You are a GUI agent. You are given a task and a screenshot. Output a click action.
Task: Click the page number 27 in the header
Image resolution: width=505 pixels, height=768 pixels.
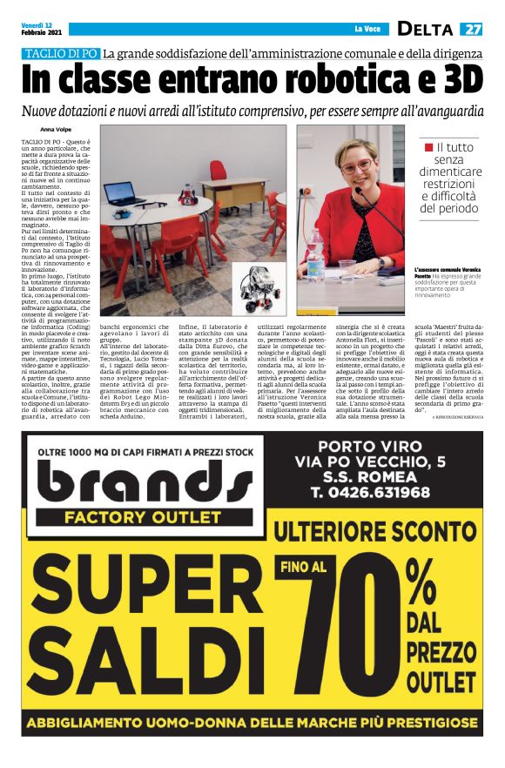click(x=472, y=29)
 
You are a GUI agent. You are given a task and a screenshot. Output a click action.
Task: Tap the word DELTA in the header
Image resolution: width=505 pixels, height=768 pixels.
click(x=425, y=29)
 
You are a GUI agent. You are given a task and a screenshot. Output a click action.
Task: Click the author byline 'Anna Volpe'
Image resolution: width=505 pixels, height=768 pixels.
click(x=57, y=129)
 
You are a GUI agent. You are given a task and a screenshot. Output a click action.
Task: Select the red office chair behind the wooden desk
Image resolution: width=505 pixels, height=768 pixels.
click(x=217, y=167)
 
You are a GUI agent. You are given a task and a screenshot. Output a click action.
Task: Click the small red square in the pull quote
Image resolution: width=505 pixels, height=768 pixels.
click(x=428, y=149)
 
